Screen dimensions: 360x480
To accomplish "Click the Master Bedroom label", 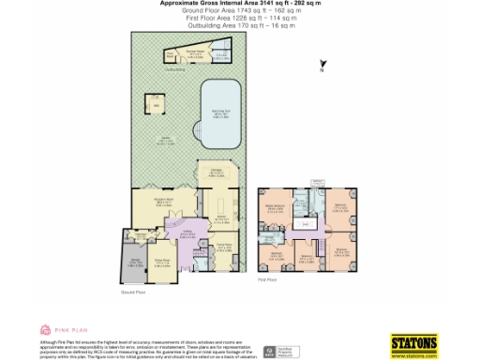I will [275, 208].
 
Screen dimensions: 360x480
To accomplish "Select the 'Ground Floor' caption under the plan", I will [133, 292].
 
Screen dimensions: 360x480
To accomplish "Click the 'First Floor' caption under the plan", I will [267, 279].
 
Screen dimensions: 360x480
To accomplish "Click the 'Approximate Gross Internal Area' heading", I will [239, 4].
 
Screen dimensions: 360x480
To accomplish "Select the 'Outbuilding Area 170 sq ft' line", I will [240, 25].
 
